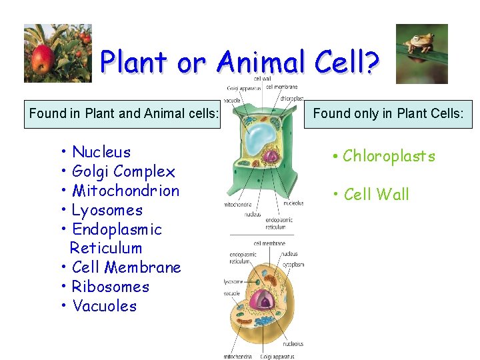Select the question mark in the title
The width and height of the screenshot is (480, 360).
[371, 63]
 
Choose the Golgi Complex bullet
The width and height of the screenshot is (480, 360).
[123, 171]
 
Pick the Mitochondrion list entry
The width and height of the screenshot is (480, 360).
[125, 191]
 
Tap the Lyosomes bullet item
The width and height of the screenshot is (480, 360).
[107, 210]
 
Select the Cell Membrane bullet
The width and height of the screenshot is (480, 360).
[126, 267]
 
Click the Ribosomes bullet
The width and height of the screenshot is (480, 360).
[110, 287]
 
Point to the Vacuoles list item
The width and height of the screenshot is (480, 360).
[104, 306]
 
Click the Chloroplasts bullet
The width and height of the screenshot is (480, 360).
[388, 156]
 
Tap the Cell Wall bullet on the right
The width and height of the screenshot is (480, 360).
[376, 195]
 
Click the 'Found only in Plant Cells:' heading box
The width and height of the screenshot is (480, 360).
[388, 113]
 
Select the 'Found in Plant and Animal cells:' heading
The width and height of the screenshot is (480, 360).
[123, 113]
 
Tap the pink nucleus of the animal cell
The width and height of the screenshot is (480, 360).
[265, 302]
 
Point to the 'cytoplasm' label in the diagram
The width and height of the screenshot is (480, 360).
[294, 265]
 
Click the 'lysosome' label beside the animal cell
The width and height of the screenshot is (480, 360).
[234, 282]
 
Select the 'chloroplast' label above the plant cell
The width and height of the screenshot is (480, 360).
[292, 99]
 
